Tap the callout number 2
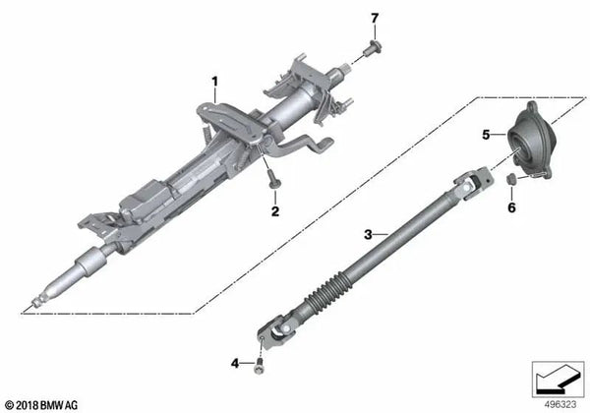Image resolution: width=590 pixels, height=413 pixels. coord(274,209)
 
